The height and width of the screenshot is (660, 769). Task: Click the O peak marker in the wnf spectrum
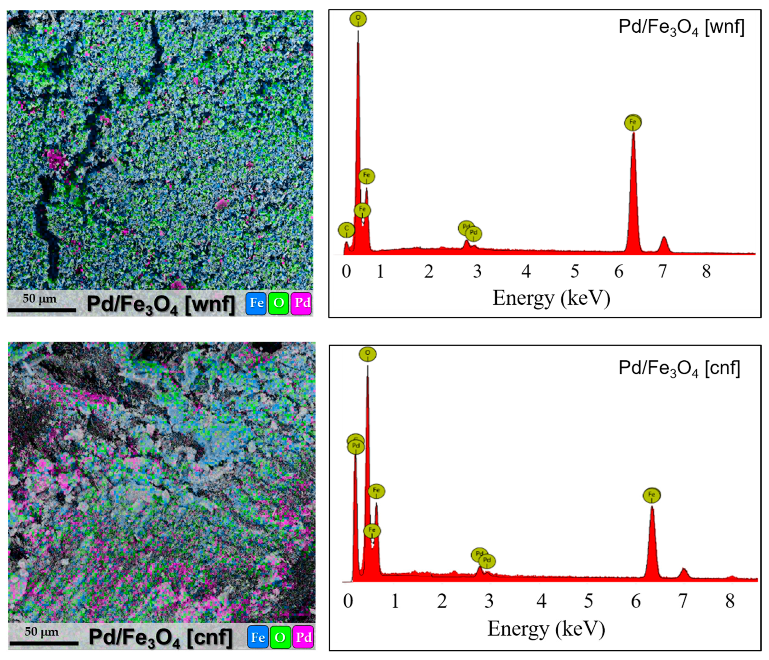tap(358, 19)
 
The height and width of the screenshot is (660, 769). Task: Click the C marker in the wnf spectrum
tap(346, 230)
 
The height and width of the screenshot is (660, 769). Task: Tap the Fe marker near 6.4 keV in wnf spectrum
tap(633, 123)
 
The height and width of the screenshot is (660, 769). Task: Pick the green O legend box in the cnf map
tap(280, 637)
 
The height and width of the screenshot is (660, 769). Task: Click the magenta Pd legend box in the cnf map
tap(303, 637)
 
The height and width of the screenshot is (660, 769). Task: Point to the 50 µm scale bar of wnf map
tap(42, 309)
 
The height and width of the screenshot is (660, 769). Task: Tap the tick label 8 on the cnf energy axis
tap(730, 601)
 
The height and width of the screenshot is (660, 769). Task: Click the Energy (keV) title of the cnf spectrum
tap(546, 629)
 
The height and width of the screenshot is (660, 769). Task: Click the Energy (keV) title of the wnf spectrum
tap(551, 298)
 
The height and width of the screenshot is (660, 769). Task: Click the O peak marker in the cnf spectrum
tap(367, 354)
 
